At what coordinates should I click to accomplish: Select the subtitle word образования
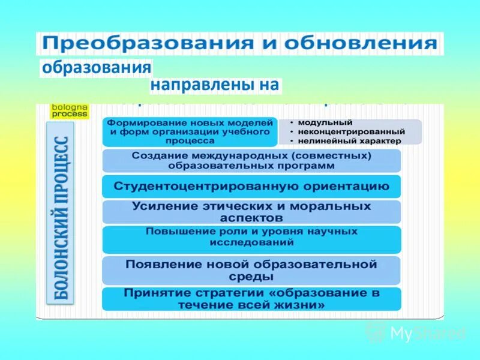pos(96,67)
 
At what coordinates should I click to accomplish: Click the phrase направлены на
pos(215,85)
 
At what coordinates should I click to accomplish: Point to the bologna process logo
pos(70,110)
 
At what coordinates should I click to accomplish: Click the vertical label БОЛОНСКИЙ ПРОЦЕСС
pos(61,213)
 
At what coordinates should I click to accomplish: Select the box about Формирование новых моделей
pos(190,131)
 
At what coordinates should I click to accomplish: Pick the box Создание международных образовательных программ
pos(251,160)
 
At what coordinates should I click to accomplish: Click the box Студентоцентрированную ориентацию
pos(251,187)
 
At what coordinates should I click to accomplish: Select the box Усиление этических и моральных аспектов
pos(251,212)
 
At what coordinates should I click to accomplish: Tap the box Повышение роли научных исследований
pos(251,238)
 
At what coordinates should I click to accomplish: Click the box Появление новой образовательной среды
pos(251,270)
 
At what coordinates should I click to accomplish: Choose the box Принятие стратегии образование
pos(251,299)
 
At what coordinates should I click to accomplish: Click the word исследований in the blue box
pos(252,243)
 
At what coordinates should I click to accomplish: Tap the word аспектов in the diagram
pos(251,218)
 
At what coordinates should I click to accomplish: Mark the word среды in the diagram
pos(251,277)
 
